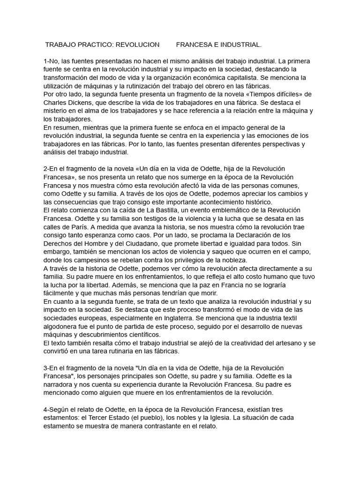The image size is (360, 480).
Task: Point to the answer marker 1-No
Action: coord(51,61)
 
